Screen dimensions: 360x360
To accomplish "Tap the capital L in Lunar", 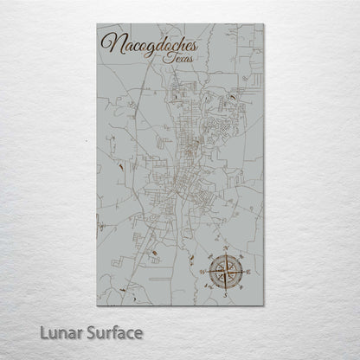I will (56, 332).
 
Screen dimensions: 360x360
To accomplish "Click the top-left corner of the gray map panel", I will (98, 24).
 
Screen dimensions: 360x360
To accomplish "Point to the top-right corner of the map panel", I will (263, 24).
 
